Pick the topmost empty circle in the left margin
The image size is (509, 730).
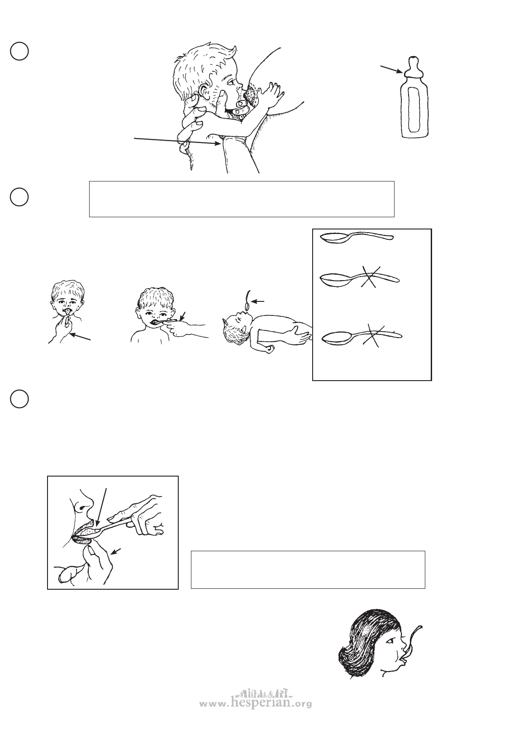(19, 51)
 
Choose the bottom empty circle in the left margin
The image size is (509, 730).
(19, 399)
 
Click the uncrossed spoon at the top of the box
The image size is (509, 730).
(357, 237)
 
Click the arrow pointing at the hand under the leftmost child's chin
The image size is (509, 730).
(80, 337)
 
